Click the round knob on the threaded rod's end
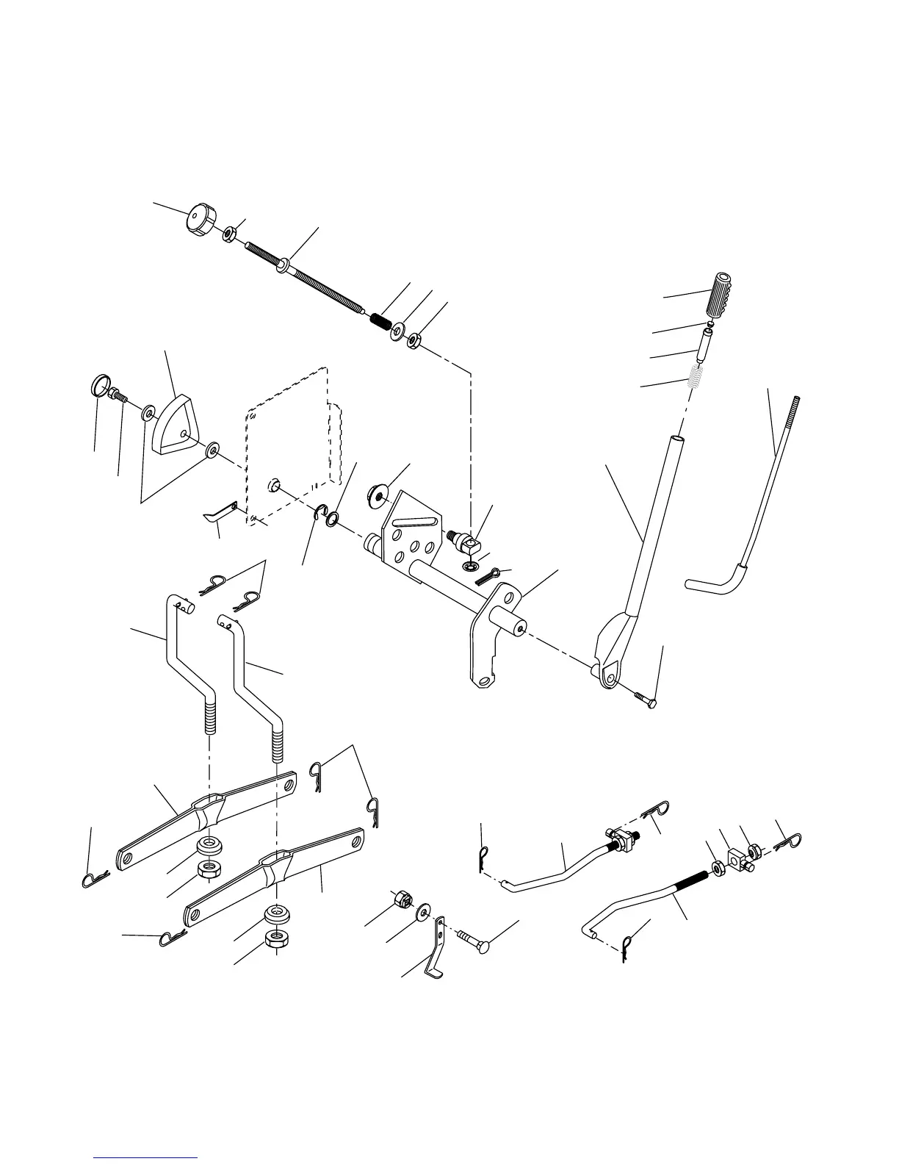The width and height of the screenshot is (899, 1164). click(x=198, y=218)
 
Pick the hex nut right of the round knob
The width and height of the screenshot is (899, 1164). click(x=229, y=234)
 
